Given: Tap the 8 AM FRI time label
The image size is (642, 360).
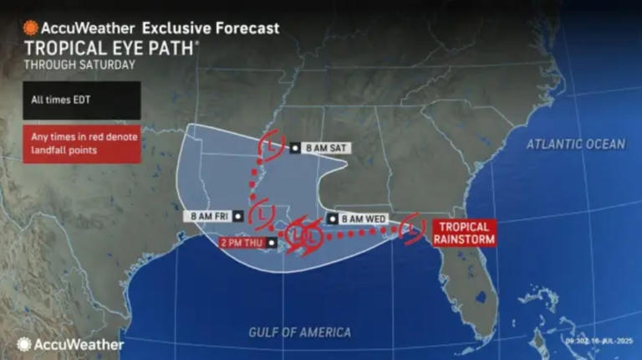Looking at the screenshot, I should click(x=209, y=215).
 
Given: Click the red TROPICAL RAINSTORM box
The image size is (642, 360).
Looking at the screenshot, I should click(x=461, y=232).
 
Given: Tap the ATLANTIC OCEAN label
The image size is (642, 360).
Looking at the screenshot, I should click(x=575, y=144).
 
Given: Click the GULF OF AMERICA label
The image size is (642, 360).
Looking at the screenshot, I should click(x=300, y=332).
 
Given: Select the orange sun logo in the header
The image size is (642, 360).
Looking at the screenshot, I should click(x=30, y=28).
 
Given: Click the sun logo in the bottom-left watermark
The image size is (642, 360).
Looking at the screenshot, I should click(x=24, y=344).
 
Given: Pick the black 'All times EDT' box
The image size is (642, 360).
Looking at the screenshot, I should click(x=82, y=100).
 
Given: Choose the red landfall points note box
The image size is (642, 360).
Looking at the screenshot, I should click(x=82, y=144).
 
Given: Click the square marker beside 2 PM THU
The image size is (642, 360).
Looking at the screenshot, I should click(x=271, y=243).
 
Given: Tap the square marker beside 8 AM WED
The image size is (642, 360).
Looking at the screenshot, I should click(x=332, y=219).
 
